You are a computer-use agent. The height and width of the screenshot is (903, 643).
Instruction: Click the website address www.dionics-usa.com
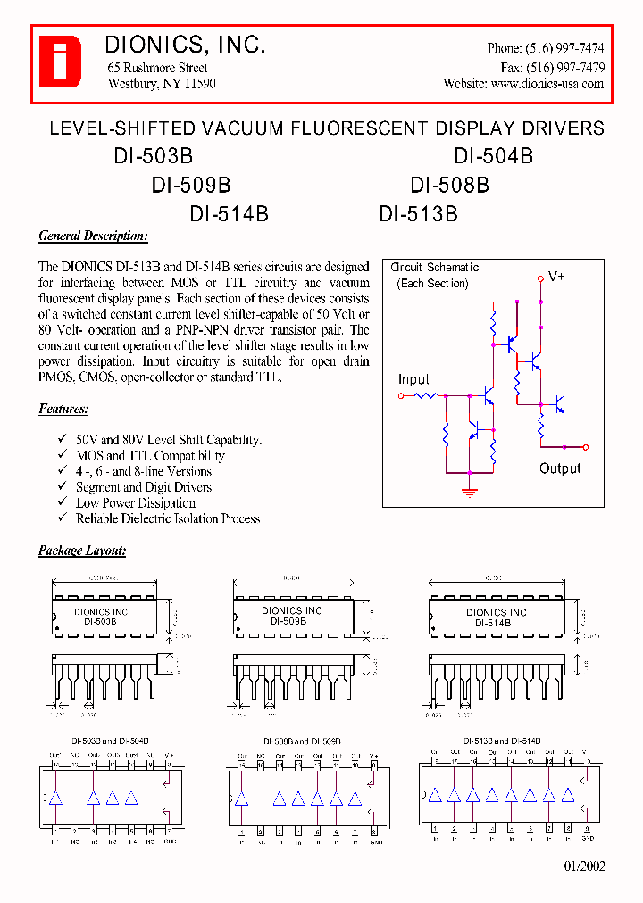pyautogui.click(x=547, y=84)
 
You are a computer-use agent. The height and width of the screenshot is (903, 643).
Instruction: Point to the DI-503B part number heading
pyautogui.click(x=153, y=156)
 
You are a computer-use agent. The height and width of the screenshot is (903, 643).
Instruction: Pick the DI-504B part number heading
pyautogui.click(x=493, y=156)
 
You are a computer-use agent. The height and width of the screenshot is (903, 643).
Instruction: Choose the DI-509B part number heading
pyautogui.click(x=191, y=186)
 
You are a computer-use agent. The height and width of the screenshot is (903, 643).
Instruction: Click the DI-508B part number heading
pyautogui.click(x=449, y=186)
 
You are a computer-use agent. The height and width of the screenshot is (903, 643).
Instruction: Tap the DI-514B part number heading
pyautogui.click(x=229, y=214)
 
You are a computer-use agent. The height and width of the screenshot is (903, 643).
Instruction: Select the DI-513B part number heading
pyautogui.click(x=418, y=214)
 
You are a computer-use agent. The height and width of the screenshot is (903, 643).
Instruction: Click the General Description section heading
pyautogui.click(x=93, y=236)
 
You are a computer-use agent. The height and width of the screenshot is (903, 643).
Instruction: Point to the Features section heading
pyautogui.click(x=63, y=410)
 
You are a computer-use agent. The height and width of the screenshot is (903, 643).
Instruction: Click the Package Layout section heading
pyautogui.click(x=82, y=551)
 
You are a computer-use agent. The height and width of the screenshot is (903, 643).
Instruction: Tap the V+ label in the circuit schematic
pyautogui.click(x=556, y=277)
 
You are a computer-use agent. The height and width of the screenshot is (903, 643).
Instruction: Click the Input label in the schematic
pyautogui.click(x=413, y=379)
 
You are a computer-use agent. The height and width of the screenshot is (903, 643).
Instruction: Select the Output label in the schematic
pyautogui.click(x=560, y=468)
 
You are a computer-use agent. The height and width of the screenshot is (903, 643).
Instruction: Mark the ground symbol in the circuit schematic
pyautogui.click(x=468, y=489)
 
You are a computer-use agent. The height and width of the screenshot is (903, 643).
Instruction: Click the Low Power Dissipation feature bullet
pyautogui.click(x=123, y=503)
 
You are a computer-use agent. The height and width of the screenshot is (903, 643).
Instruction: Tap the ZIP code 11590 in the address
pyautogui.click(x=199, y=84)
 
